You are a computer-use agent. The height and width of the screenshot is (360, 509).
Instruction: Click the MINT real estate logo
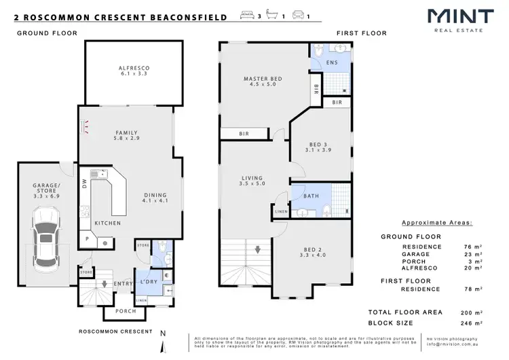click(x=454, y=18)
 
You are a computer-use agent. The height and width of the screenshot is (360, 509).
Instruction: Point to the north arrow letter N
click(x=162, y=334)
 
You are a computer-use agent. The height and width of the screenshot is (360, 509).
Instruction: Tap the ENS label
click(x=331, y=63)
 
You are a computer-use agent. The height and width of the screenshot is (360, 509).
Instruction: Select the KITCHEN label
click(x=107, y=223)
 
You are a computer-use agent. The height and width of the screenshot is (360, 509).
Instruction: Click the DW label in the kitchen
click(x=84, y=184)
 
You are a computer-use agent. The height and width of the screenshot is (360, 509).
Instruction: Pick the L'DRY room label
click(x=149, y=281)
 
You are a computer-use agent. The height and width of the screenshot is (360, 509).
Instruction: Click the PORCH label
click(x=125, y=312)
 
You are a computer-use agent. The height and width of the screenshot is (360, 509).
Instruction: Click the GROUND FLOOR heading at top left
click(x=46, y=33)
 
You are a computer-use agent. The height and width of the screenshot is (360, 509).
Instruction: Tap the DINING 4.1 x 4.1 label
click(x=155, y=198)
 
